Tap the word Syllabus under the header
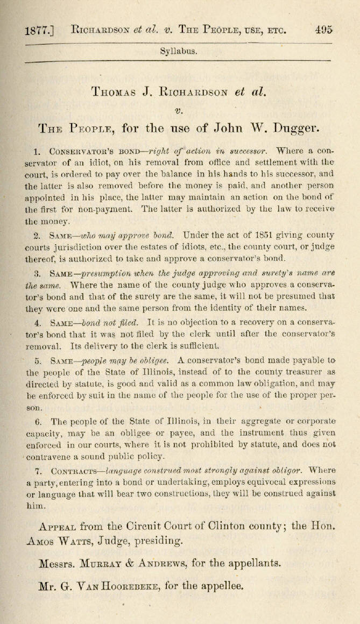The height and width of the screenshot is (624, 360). (179, 52)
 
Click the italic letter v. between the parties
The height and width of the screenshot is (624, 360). (179, 110)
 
